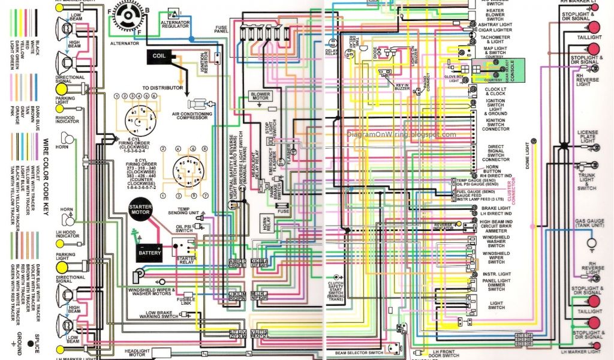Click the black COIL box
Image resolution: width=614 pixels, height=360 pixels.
click(x=159, y=56)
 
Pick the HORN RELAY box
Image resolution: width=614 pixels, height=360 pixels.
click(x=266, y=223)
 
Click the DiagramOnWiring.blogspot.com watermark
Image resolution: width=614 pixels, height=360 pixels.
click(x=401, y=134)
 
